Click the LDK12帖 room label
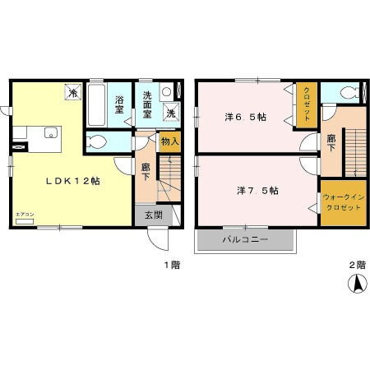click(72, 181)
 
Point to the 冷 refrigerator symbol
click(74, 93)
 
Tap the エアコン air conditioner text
click(24, 215)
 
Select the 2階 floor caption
click(354, 265)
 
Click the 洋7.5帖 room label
click(257, 190)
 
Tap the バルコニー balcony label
click(245, 242)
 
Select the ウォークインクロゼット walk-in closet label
click(343, 202)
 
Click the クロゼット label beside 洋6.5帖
click(306, 105)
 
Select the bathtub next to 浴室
click(95, 104)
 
